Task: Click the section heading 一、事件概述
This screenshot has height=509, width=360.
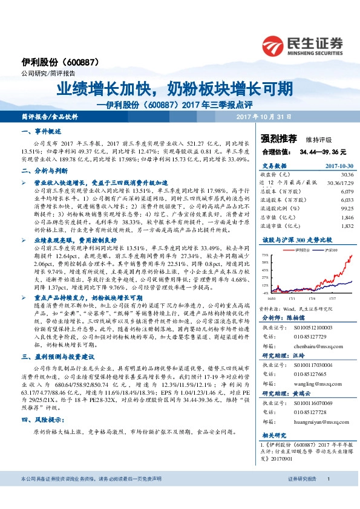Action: pyautogui.click(x=41, y=131)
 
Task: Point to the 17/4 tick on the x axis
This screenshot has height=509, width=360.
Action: pyautogui.click(x=311, y=297)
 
